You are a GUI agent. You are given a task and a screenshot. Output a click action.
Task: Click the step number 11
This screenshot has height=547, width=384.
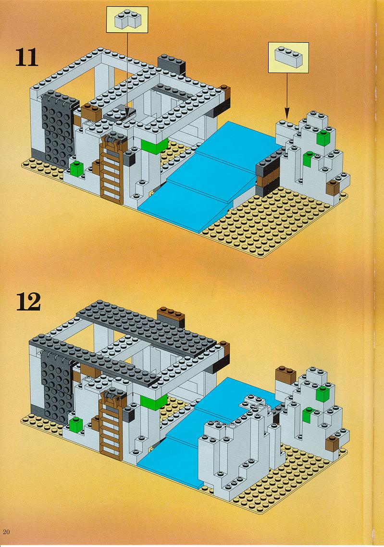(x=27, y=57)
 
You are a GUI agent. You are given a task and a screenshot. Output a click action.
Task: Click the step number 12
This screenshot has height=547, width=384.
(x=29, y=302)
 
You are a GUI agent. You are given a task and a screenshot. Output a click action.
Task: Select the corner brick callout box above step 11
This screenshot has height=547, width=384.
(x=127, y=20)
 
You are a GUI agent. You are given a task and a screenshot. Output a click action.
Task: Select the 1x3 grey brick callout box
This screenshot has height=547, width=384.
(x=288, y=58)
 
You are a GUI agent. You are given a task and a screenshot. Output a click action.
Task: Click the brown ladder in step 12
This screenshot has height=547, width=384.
(x=111, y=422)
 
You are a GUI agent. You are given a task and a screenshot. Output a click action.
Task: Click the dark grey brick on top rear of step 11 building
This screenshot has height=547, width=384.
(x=172, y=64)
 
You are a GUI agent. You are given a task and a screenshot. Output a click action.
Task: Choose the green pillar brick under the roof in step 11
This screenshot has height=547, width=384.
(x=154, y=146)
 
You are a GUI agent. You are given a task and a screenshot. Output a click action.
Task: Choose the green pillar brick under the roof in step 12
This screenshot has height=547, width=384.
(x=153, y=401)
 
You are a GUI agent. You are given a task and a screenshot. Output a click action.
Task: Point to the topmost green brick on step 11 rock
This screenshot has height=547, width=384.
(x=323, y=137)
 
